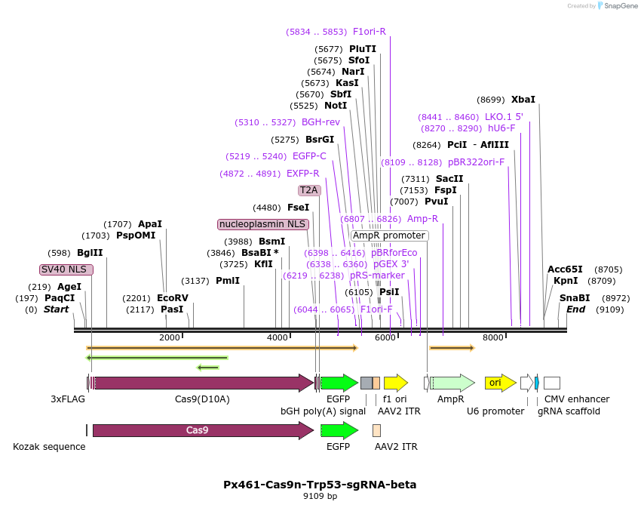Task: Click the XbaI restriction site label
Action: pos(523,100)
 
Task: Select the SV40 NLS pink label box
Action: pos(66,269)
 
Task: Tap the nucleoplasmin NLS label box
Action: pos(262,224)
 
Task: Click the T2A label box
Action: pos(309,190)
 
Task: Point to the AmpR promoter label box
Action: pos(389,236)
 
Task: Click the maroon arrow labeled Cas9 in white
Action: pos(202,430)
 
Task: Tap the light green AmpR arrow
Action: pos(452,383)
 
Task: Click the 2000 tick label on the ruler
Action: pos(170,337)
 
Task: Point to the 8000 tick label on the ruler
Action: pos(492,337)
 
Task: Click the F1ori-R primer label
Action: pos(369,32)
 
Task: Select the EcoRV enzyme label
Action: pos(173,298)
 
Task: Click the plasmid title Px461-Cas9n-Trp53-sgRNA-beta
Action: pos(320,485)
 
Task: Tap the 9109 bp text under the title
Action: pos(320,497)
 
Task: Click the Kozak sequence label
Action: pos(49,447)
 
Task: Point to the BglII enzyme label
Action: pos(89,253)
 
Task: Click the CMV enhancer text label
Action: pos(576,399)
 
